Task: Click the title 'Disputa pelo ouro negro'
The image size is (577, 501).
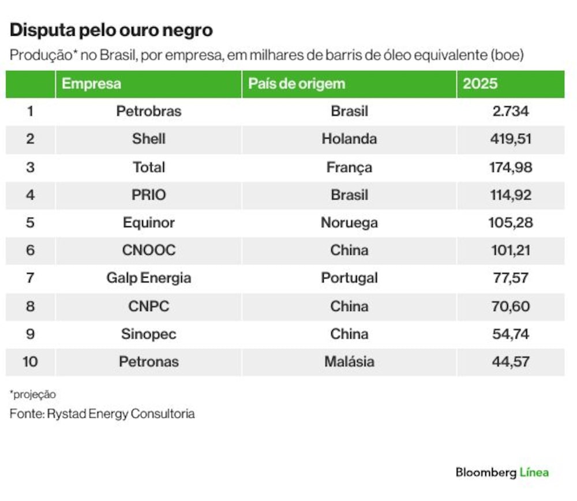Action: click(x=111, y=30)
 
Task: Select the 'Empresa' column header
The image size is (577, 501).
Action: click(x=91, y=84)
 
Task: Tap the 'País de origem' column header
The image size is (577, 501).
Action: click(x=297, y=84)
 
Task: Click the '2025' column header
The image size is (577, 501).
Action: click(x=480, y=84)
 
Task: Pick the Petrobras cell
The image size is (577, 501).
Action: click(x=149, y=111)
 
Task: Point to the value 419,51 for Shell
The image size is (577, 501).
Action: click(x=511, y=139)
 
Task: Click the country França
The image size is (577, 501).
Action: click(x=349, y=167)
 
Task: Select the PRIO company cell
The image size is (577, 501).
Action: click(x=149, y=195)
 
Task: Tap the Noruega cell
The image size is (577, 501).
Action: click(x=349, y=223)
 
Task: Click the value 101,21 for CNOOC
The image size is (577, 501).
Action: click(x=511, y=250)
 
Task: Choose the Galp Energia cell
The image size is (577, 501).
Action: click(x=149, y=278)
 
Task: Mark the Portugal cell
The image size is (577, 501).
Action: click(x=349, y=278)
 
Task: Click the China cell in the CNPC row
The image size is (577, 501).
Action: click(x=349, y=306)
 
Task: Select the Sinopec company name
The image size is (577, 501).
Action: click(x=149, y=334)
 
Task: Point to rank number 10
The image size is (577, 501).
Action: click(x=30, y=362)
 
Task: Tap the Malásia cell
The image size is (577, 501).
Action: click(x=349, y=362)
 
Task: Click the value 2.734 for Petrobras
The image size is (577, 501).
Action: click(x=511, y=111)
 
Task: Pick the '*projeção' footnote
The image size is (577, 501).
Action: click(x=33, y=395)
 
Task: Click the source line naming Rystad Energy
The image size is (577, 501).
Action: click(x=102, y=414)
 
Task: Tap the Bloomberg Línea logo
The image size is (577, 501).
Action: click(x=502, y=472)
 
